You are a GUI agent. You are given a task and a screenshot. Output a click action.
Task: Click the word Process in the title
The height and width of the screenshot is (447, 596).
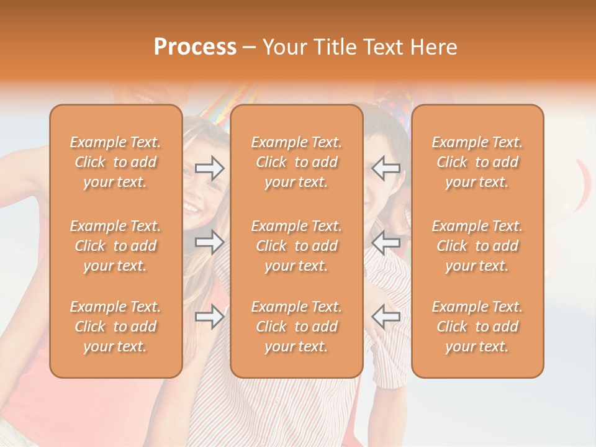pyautogui.click(x=195, y=47)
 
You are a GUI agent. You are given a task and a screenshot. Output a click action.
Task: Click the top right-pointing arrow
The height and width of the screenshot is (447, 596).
pyautogui.click(x=210, y=168)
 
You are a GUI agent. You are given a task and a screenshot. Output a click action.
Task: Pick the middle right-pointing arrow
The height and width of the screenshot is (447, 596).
pyautogui.click(x=210, y=242)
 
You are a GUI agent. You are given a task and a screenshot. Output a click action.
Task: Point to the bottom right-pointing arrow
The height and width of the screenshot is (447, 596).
pyautogui.click(x=210, y=317)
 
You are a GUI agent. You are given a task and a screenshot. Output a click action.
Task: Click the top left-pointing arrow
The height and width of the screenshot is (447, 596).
pyautogui.click(x=386, y=168)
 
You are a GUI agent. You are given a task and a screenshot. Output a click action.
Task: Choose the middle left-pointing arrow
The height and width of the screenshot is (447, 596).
pyautogui.click(x=386, y=242)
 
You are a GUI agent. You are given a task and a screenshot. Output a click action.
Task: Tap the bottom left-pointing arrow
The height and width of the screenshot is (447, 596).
pyautogui.click(x=386, y=317)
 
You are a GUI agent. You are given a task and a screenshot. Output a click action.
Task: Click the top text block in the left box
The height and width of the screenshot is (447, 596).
pyautogui.click(x=115, y=162)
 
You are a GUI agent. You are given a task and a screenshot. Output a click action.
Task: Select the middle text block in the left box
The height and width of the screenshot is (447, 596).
pyautogui.click(x=115, y=246)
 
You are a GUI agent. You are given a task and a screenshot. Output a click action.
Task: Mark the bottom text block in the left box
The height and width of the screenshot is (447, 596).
pyautogui.click(x=115, y=327)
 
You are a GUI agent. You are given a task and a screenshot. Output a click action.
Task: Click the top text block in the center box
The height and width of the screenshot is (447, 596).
pyautogui.click(x=297, y=162)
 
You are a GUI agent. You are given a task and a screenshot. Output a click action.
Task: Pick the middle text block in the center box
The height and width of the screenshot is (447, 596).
pyautogui.click(x=297, y=246)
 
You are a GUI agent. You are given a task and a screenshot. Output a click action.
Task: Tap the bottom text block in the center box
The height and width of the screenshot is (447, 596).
pyautogui.click(x=297, y=327)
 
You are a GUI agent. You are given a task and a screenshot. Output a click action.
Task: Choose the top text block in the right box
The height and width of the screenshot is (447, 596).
pyautogui.click(x=477, y=162)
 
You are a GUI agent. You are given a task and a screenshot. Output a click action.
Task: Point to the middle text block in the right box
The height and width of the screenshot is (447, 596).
pyautogui.click(x=477, y=246)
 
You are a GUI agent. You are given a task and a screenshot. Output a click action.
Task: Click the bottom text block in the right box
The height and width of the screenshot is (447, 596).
pyautogui.click(x=477, y=327)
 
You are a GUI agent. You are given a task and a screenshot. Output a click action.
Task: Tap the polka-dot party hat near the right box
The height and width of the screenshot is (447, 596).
pyautogui.click(x=391, y=102)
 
